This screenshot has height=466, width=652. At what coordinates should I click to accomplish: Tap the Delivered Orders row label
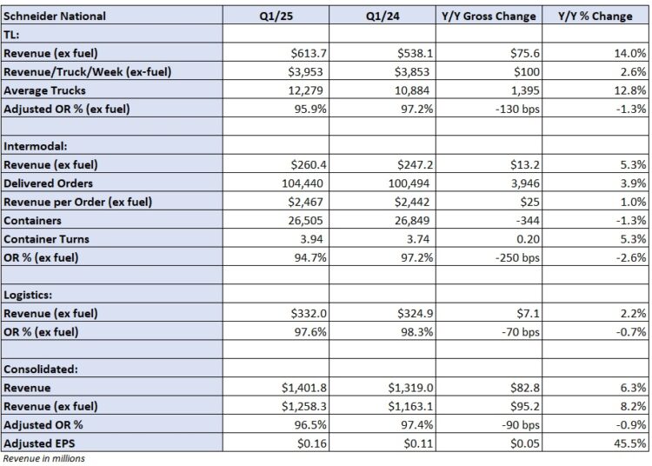pyautogui.click(x=47, y=183)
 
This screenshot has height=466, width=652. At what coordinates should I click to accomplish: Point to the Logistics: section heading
pyautogui.click(x=30, y=295)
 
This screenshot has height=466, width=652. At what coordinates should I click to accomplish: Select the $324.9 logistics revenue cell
pyautogui.click(x=412, y=313)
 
